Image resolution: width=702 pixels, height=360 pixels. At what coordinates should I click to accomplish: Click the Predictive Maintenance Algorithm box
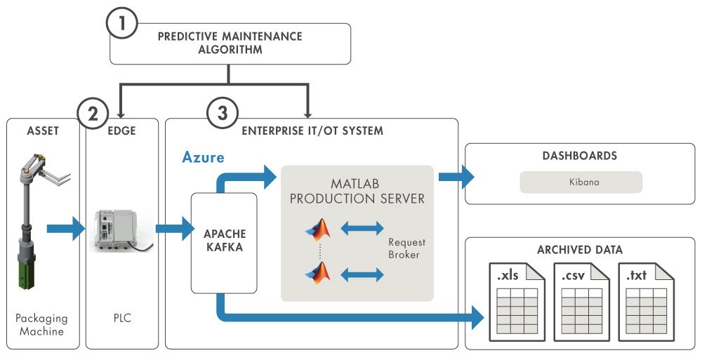pyautogui.click(x=230, y=44)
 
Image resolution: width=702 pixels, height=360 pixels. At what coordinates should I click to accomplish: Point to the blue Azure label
pyautogui.click(x=204, y=158)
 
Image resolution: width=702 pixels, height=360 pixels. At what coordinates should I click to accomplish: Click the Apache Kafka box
pyautogui.click(x=224, y=243)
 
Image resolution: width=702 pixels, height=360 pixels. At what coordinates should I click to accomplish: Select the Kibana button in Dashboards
pyautogui.click(x=581, y=182)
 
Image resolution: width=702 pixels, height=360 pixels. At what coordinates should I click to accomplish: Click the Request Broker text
pyautogui.click(x=406, y=248)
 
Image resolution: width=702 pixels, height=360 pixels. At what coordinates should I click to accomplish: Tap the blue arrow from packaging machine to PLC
pyautogui.click(x=65, y=229)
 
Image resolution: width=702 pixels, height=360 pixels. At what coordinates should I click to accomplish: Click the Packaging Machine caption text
pyautogui.click(x=39, y=324)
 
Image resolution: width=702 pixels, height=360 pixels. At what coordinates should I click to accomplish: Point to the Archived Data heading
pyautogui.click(x=580, y=250)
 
